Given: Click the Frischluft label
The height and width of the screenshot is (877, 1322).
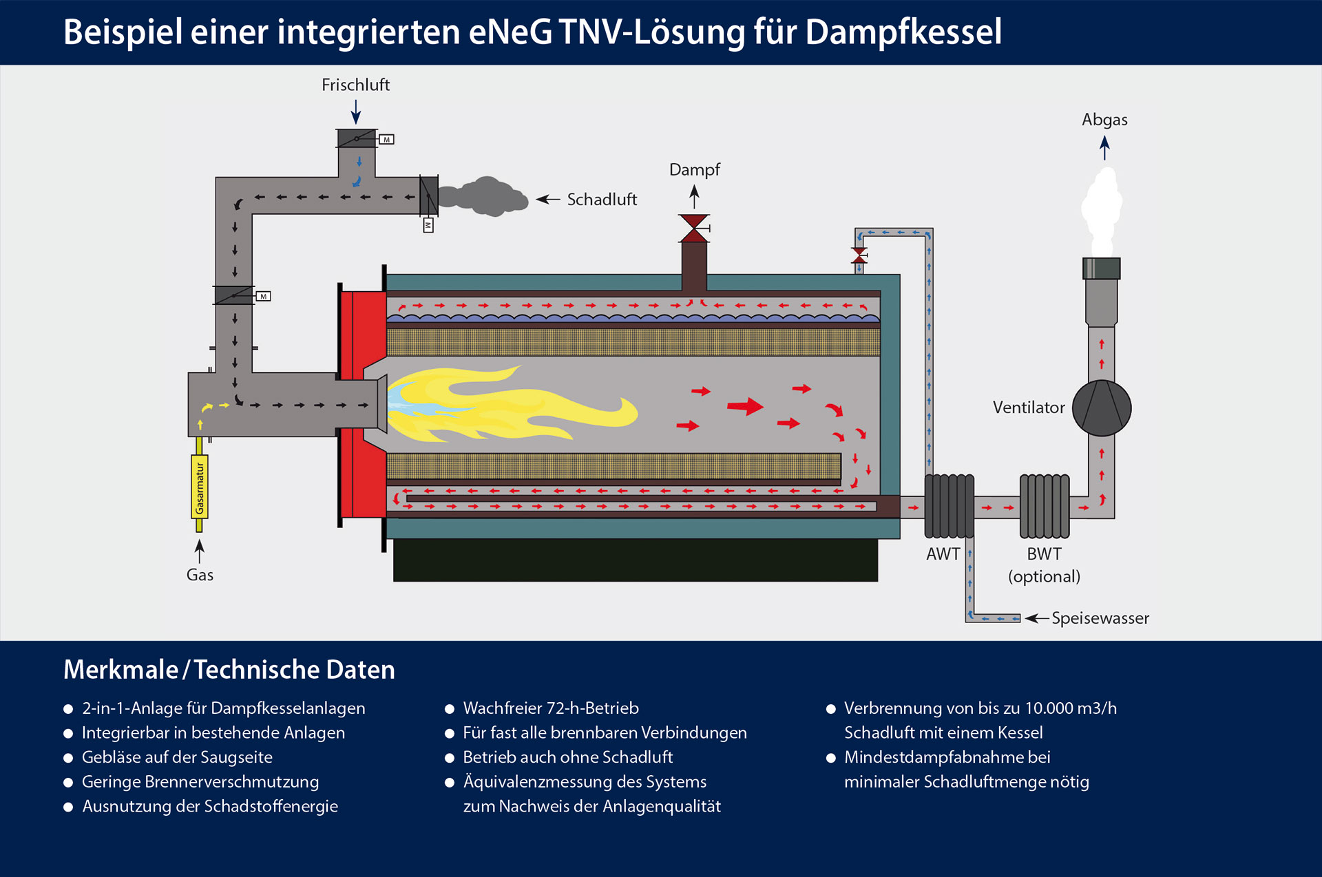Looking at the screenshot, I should (355, 85).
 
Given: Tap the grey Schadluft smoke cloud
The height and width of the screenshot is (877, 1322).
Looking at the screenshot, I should (485, 197).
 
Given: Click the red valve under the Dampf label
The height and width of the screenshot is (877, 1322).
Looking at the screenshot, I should (694, 228).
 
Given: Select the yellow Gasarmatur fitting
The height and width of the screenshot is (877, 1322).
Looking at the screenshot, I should (200, 487).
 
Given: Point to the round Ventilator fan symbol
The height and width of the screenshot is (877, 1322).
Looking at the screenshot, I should (1101, 408).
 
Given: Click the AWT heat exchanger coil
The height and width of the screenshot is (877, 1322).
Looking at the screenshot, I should (949, 506).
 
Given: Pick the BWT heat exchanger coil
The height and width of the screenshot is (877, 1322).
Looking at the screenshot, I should (1044, 506).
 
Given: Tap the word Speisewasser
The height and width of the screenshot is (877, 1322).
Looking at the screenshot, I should (1100, 618).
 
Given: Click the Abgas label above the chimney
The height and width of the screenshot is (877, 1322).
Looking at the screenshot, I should (1104, 120).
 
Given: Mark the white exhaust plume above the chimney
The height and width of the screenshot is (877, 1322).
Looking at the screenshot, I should (1102, 210).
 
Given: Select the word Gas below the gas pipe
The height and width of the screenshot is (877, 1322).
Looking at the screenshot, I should (200, 575).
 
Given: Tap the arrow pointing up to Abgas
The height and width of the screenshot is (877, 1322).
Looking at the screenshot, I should (1104, 148).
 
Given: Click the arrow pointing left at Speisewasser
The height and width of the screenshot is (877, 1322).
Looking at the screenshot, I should (1036, 618).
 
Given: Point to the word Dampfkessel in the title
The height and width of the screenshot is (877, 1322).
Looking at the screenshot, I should (903, 32).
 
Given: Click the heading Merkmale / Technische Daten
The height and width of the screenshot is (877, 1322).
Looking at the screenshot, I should (229, 669).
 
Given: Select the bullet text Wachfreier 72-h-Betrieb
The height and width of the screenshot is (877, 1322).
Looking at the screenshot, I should (551, 708).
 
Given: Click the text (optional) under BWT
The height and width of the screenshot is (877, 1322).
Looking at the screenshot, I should (1044, 576).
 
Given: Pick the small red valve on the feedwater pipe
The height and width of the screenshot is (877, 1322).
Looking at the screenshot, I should (859, 255).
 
